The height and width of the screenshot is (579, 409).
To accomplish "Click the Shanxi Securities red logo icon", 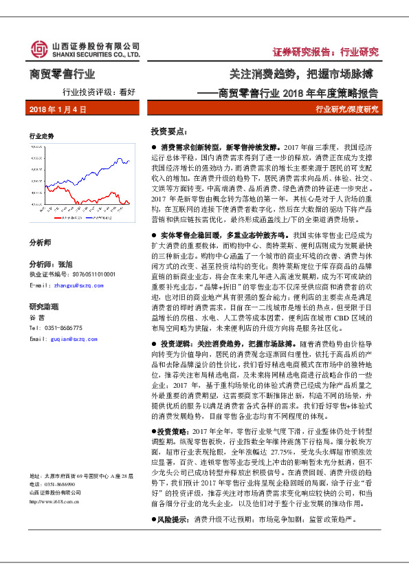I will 38,50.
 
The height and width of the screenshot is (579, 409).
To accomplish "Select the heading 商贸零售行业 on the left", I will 63,74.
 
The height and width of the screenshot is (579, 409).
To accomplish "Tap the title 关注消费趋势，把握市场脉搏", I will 303,74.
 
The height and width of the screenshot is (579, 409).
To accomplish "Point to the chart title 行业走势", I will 41,137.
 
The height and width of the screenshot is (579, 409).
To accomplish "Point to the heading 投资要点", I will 168,131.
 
